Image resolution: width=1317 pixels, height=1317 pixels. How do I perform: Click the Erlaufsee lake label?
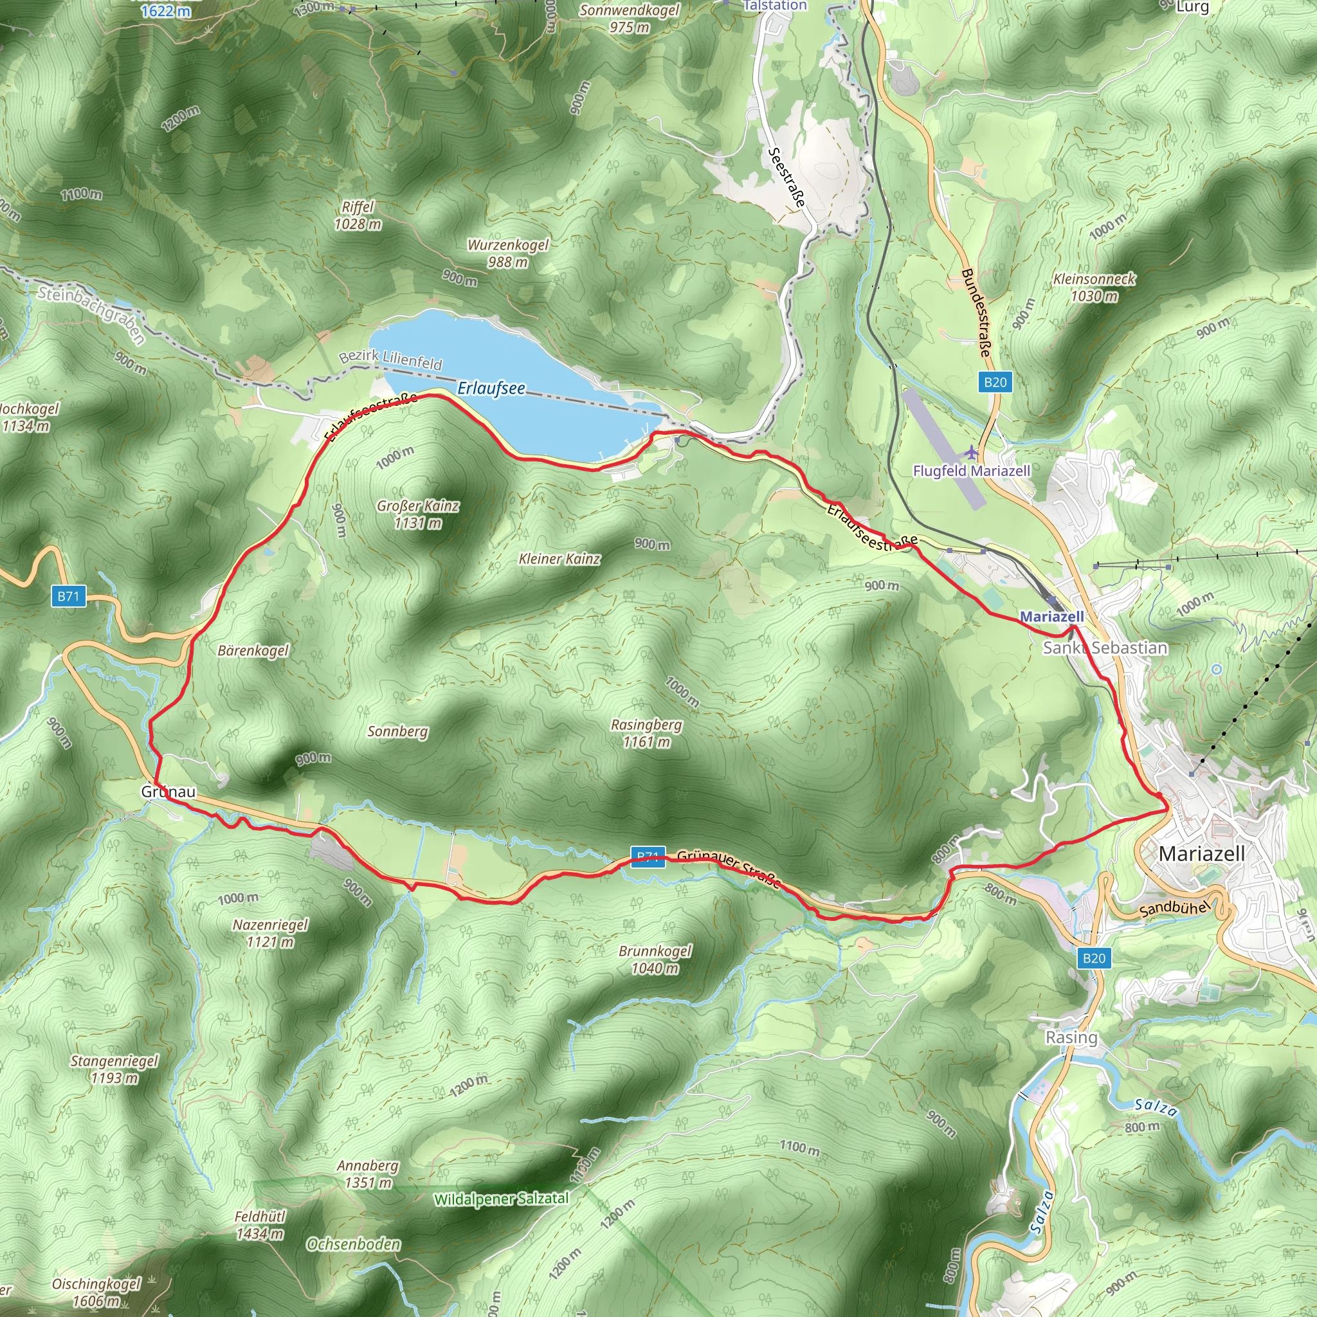click(491, 388)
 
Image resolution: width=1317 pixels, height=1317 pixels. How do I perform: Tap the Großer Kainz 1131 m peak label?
click(418, 514)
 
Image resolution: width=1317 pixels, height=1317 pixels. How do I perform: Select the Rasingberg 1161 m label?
click(646, 733)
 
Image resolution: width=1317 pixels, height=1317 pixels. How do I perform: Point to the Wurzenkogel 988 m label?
click(508, 253)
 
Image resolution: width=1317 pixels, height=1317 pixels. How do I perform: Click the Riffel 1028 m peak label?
click(358, 215)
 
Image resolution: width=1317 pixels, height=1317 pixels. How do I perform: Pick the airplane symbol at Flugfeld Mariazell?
click(970, 453)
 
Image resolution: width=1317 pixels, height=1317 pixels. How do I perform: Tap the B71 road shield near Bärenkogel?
click(68, 597)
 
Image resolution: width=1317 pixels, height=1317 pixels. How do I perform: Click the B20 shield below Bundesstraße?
click(995, 383)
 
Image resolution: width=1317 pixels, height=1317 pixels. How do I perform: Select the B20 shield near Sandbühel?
click(1093, 958)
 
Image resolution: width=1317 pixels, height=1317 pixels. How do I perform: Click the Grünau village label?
click(168, 792)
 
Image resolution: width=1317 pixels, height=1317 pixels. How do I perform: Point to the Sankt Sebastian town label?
click(1105, 648)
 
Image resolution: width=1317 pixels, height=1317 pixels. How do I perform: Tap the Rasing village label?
click(1071, 1037)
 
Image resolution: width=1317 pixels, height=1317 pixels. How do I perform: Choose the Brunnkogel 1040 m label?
click(655, 959)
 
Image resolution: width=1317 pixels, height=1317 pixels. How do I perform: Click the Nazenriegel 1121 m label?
click(271, 933)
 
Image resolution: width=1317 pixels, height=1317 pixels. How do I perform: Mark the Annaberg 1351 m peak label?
click(368, 1174)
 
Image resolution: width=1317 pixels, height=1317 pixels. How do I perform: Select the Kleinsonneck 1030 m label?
click(1094, 287)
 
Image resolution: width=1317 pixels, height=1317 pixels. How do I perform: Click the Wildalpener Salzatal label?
click(501, 1199)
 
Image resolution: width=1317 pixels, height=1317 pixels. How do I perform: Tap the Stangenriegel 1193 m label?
click(114, 1069)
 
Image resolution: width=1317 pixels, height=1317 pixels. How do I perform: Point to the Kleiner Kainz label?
click(559, 559)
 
